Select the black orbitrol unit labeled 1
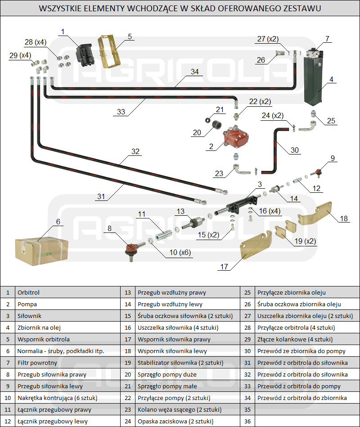(87, 55)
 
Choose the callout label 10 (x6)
(180, 253)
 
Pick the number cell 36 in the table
(247, 421)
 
